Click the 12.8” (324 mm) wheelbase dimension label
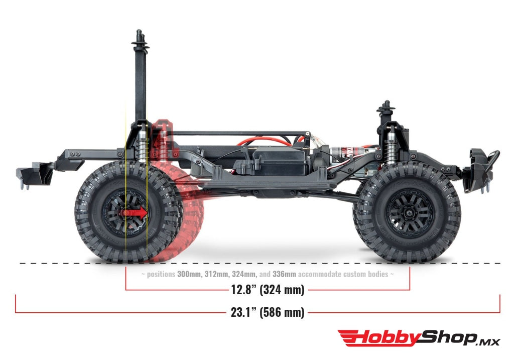click(268, 290)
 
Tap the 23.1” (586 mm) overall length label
click(268, 312)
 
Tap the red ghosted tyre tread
click(193, 221)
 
